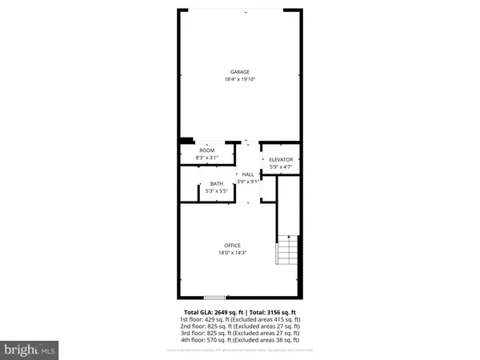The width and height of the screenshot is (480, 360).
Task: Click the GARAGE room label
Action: click(x=240, y=72)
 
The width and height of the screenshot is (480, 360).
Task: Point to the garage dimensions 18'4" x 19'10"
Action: click(x=240, y=79)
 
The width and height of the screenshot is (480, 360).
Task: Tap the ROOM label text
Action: click(x=207, y=150)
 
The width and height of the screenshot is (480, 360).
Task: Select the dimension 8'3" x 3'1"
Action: click(x=207, y=158)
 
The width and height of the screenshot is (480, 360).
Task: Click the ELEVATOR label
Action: click(x=281, y=159)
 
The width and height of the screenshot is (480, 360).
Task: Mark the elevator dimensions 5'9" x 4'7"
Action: click(x=281, y=166)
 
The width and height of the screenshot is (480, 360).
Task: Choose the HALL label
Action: click(x=248, y=174)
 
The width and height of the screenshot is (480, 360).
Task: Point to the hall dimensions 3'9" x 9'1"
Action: click(x=248, y=182)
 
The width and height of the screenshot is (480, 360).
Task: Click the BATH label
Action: click(x=217, y=184)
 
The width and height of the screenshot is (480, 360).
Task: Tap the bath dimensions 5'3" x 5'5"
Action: click(x=217, y=191)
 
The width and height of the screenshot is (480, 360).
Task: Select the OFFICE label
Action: click(x=232, y=245)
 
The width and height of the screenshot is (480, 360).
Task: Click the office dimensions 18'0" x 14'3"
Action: click(x=232, y=253)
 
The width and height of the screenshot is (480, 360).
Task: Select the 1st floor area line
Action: click(x=240, y=319)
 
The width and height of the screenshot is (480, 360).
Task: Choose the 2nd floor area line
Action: click(x=240, y=326)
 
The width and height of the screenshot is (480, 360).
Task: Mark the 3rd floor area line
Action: click(x=240, y=333)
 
